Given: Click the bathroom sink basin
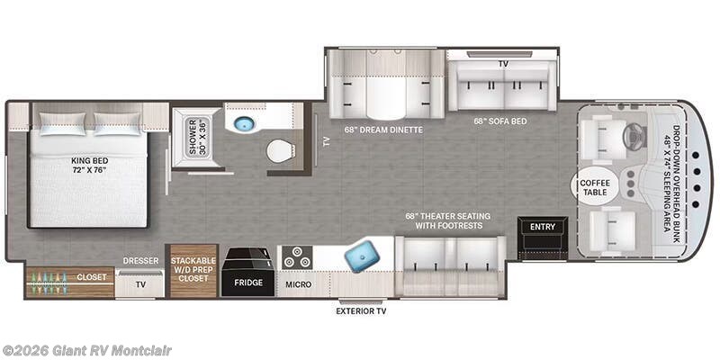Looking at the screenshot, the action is pyautogui.click(x=243, y=123).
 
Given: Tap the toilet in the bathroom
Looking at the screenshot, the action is pyautogui.click(x=281, y=150).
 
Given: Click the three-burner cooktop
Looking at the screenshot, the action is pyautogui.click(x=297, y=257).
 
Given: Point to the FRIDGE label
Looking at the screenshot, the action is pyautogui.click(x=248, y=283).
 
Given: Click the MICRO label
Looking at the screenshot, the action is pyautogui.click(x=299, y=284).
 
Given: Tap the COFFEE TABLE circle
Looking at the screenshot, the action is pyautogui.click(x=595, y=186).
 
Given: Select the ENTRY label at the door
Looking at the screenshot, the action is pyautogui.click(x=543, y=227).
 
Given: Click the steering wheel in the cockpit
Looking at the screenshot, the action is pyautogui.click(x=634, y=136).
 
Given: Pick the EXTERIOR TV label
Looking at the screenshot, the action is pyautogui.click(x=361, y=311).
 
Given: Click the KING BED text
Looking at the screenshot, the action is pyautogui.click(x=89, y=165).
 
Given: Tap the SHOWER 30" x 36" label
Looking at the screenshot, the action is pyautogui.click(x=198, y=138).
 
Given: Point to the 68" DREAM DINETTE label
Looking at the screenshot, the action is pyautogui.click(x=383, y=130).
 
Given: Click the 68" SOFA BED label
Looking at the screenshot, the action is pyautogui.click(x=500, y=121).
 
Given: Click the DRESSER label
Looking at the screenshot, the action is pyautogui.click(x=140, y=261).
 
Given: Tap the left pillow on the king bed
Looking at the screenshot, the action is pyautogui.click(x=62, y=123).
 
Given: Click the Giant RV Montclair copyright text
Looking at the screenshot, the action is pyautogui.click(x=85, y=351).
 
